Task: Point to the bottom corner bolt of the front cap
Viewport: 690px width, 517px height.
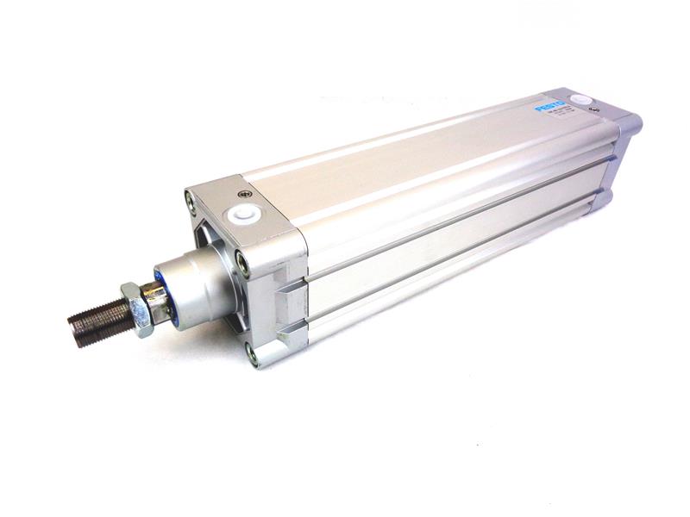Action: (x=252, y=352)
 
